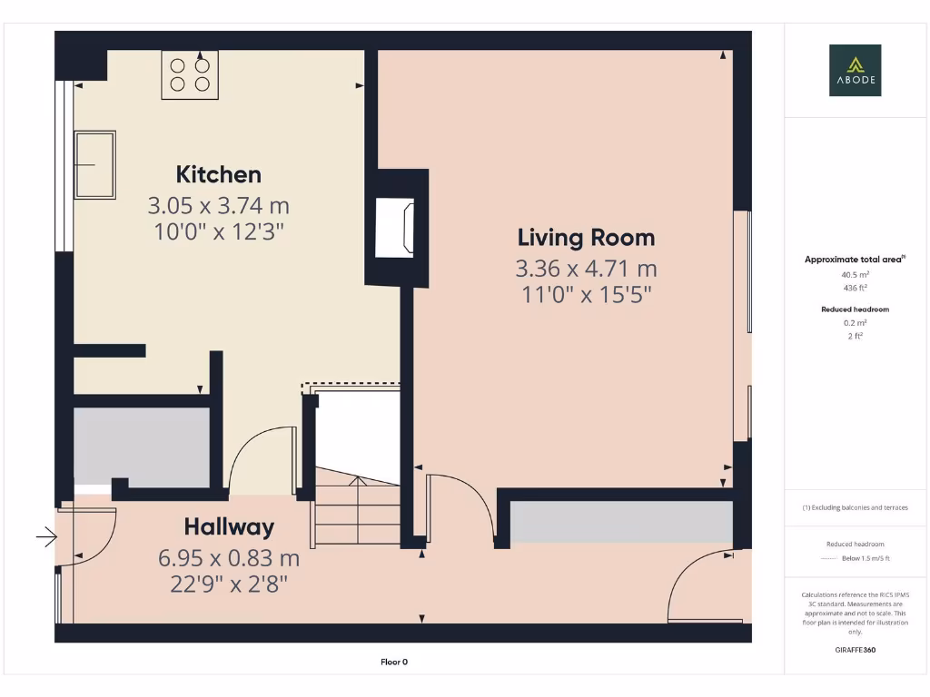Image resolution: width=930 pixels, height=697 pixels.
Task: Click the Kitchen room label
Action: point(218,174)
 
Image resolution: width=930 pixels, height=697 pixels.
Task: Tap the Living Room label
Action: point(586,238)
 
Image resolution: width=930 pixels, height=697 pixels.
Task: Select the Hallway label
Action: point(229,526)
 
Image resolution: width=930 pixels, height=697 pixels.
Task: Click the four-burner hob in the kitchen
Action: point(190,74)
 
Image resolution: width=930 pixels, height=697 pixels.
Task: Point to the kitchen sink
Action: point(94,164)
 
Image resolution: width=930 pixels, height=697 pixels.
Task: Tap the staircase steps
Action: point(357,513)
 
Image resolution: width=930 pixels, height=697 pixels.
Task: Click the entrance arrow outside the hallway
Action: point(46,539)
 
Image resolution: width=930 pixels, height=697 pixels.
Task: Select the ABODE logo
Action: point(855,71)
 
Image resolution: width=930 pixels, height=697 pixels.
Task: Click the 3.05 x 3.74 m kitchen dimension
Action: point(218,205)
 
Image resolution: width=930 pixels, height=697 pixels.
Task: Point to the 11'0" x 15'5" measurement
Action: point(586,294)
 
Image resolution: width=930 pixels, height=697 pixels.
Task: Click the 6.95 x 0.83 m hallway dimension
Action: point(229,557)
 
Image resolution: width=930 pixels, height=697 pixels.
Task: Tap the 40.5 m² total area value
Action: point(855,273)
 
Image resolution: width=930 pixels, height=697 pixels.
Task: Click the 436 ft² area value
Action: point(855,287)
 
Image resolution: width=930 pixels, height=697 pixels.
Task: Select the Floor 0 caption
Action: point(394,662)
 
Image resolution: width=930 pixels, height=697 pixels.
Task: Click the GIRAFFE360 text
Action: point(855,650)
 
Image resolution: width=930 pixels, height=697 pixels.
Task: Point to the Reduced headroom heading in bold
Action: point(855,309)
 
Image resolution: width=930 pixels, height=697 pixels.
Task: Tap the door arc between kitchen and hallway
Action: point(259,458)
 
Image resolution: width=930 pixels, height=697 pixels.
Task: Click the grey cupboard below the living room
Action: point(621,524)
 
